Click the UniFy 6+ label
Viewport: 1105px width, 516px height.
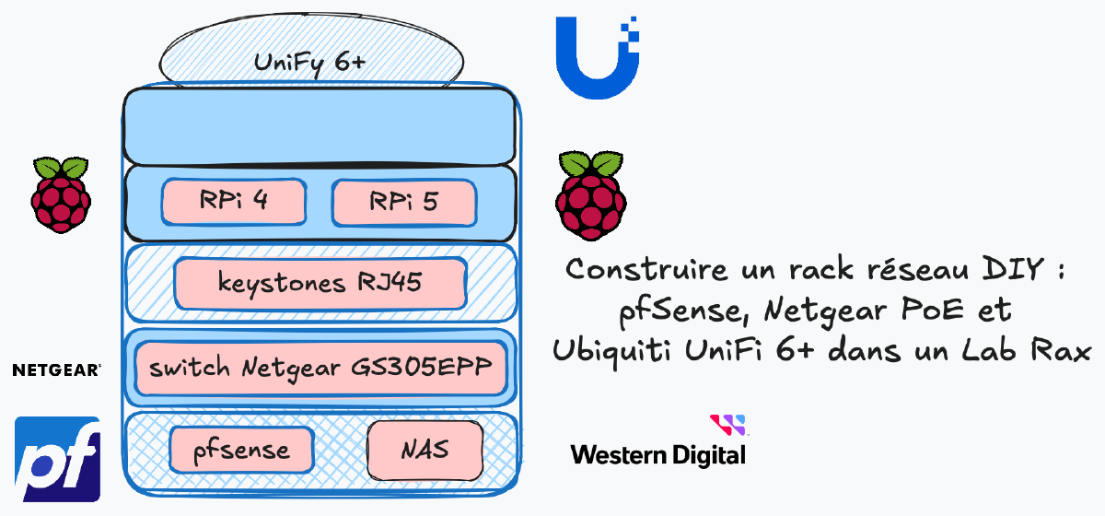[309, 63]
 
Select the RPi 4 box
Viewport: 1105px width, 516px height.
[233, 202]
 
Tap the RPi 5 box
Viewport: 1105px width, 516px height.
[403, 202]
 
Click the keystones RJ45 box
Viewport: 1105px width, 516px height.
[320, 283]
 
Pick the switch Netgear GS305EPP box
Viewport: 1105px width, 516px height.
[320, 368]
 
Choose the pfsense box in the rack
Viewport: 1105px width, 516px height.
[241, 451]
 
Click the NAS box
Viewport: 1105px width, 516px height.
[425, 451]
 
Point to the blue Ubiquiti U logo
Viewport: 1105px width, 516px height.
[597, 56]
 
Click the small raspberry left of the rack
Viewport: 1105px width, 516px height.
[61, 193]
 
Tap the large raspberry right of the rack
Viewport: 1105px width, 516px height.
[590, 195]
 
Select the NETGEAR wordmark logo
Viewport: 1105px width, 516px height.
[56, 370]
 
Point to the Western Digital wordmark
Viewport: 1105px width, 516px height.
[657, 454]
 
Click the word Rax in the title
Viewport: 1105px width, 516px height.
[1059, 352]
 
